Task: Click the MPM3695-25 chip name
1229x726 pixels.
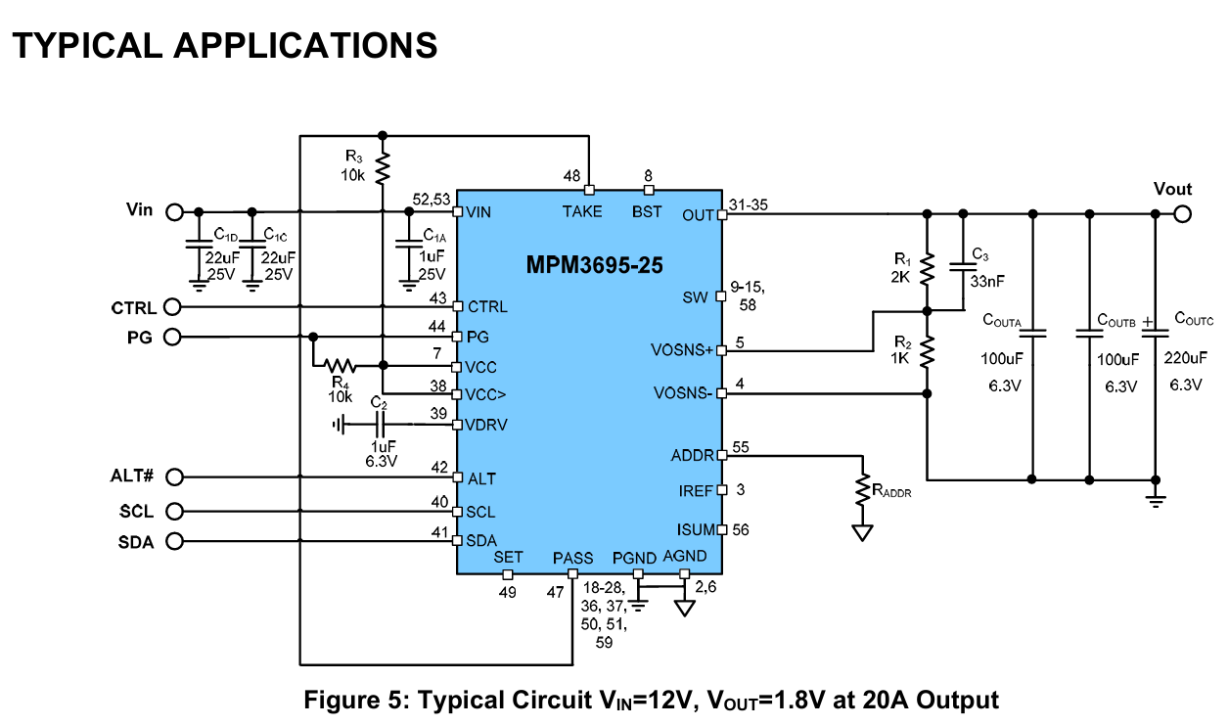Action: point(588,265)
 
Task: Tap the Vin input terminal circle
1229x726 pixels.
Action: point(174,211)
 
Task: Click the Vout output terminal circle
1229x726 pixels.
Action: point(1183,213)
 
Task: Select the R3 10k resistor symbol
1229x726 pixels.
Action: point(383,167)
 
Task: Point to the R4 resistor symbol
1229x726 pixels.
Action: point(341,367)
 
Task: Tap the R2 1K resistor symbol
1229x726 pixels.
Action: point(928,350)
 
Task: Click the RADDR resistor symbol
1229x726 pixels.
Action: point(863,490)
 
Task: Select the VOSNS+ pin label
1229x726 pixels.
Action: point(682,350)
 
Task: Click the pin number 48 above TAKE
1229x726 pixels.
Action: point(571,176)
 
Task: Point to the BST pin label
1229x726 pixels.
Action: point(647,211)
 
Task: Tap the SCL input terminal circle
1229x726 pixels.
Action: point(174,511)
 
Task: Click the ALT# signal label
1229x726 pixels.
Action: point(132,477)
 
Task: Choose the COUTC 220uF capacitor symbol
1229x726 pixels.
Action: point(1156,333)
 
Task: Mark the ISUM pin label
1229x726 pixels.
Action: point(696,530)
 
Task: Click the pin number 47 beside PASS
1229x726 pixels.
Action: point(556,592)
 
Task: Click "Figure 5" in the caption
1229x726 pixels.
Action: point(355,701)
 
